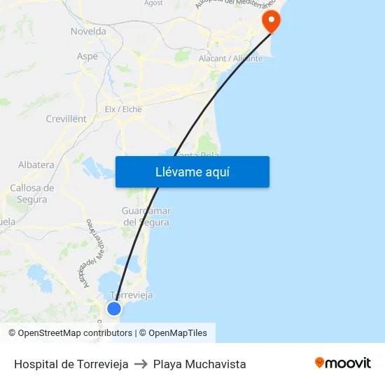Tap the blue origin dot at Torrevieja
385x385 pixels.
point(114,309)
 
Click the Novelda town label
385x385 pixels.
point(88,31)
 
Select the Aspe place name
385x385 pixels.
point(87,56)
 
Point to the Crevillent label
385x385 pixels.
point(66,119)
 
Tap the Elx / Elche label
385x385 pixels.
point(122,109)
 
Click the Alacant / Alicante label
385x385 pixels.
point(231,59)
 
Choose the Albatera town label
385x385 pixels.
point(36,165)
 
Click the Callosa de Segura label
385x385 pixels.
point(31,193)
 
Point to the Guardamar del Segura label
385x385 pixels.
point(146,216)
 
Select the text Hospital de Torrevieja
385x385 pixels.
point(71,364)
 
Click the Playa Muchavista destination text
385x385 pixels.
point(199,364)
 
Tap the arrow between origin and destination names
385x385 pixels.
point(141,364)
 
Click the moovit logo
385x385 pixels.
point(342,363)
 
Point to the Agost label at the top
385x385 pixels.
point(153,3)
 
